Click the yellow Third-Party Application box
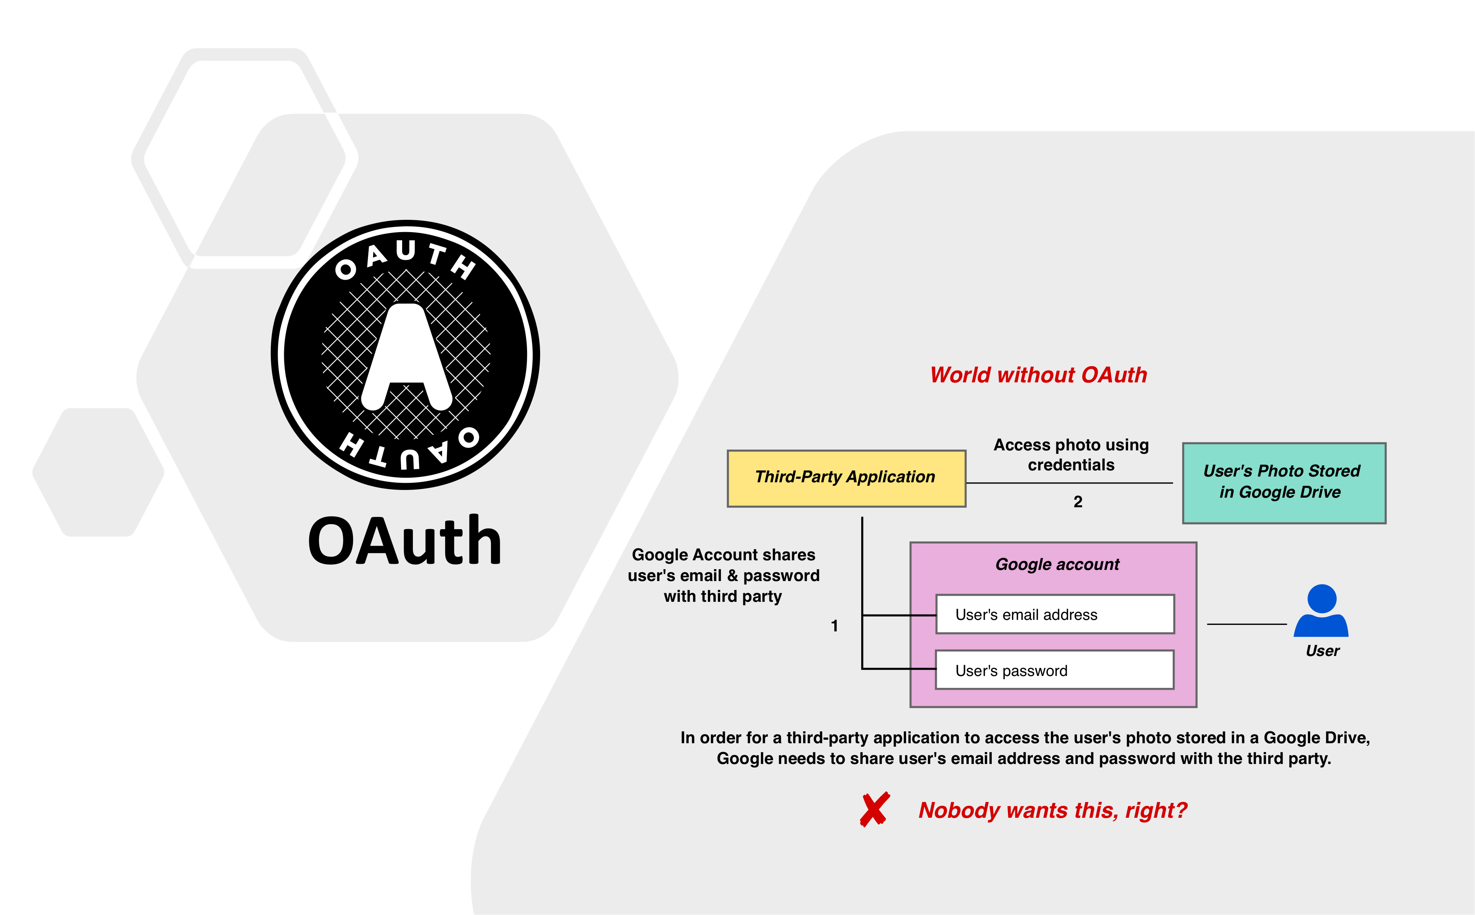(x=846, y=478)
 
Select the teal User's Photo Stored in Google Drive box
(x=1284, y=483)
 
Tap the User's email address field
(x=1055, y=614)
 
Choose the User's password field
(x=1055, y=670)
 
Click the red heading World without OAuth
(x=1038, y=375)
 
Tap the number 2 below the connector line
(x=1078, y=502)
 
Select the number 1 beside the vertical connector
(x=835, y=626)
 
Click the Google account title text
(x=1057, y=565)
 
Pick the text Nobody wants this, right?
(x=1052, y=810)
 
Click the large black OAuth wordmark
(x=404, y=540)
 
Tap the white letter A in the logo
(x=406, y=357)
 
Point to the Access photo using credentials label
(x=1071, y=455)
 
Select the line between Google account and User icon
(x=1247, y=624)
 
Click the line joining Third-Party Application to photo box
(x=1069, y=483)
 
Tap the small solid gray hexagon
(x=98, y=472)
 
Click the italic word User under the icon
(x=1322, y=651)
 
